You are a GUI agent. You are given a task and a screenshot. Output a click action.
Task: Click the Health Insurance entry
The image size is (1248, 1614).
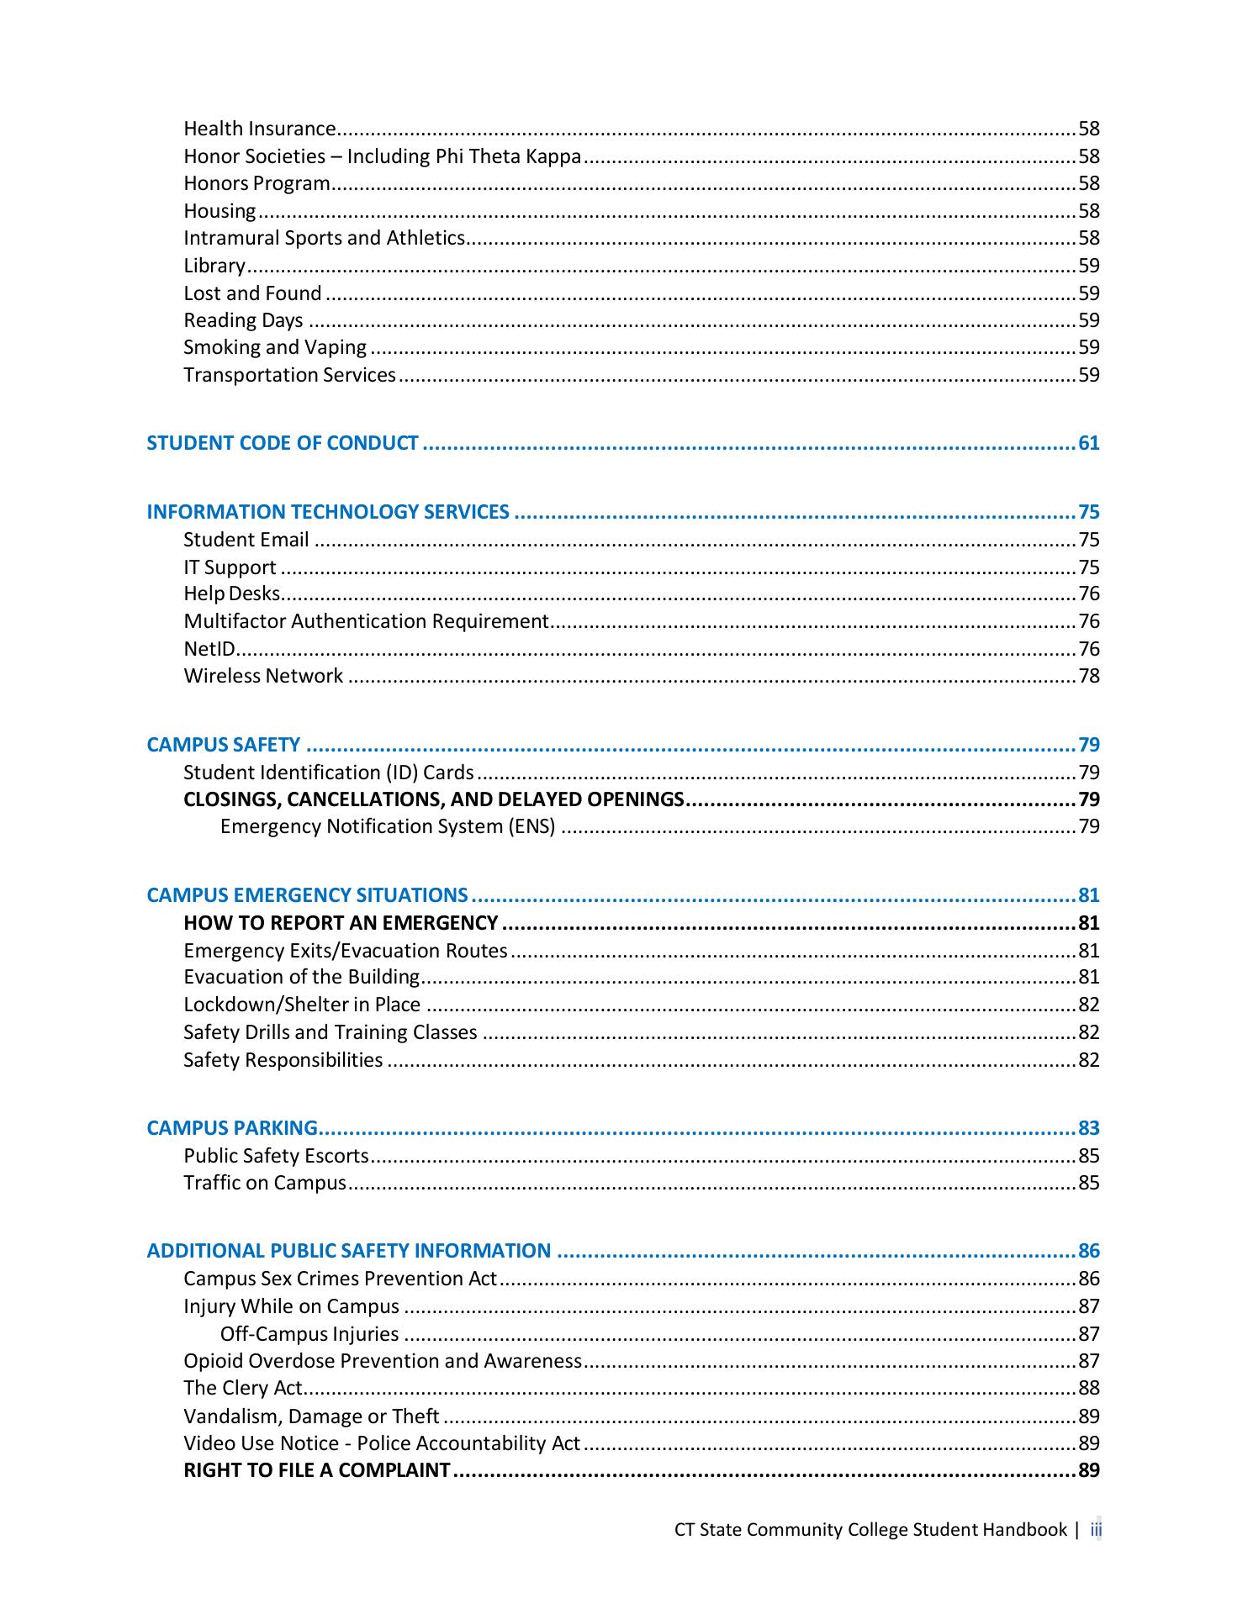tap(260, 129)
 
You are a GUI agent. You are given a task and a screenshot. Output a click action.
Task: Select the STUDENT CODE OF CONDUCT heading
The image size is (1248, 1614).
tap(283, 443)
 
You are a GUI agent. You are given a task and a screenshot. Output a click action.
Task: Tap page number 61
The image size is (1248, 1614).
tap(1089, 443)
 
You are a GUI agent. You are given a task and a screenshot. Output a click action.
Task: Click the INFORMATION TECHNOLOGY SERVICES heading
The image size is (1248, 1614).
tap(328, 512)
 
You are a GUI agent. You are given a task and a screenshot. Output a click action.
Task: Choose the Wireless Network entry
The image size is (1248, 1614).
tap(263, 676)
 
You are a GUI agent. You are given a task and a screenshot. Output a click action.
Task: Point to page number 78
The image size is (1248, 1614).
tap(1089, 676)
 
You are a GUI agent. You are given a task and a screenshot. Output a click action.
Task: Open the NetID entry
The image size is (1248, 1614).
tap(209, 649)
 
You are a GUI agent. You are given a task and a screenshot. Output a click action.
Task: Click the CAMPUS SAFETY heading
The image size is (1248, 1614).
tap(224, 745)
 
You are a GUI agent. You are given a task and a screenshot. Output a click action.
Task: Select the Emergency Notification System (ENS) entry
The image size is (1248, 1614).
tap(388, 826)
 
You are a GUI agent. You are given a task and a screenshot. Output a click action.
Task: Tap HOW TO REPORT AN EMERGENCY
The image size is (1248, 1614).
tap(341, 923)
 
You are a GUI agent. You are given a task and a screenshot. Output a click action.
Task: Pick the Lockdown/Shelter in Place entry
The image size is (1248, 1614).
tap(302, 1005)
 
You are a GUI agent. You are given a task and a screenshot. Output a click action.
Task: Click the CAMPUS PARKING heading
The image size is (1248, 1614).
tap(232, 1128)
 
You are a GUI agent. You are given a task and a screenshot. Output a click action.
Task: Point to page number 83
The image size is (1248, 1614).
tap(1089, 1128)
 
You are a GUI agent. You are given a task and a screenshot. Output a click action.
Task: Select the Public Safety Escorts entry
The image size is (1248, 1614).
tap(276, 1156)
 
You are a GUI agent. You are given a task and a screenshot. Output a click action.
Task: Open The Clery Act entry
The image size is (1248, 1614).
tap(242, 1388)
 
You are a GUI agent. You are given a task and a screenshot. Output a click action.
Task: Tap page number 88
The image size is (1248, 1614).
tap(1089, 1388)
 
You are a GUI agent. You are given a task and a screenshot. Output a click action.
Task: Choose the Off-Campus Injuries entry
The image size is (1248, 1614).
tap(309, 1334)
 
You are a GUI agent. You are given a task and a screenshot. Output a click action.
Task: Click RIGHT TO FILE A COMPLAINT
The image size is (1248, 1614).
tap(317, 1470)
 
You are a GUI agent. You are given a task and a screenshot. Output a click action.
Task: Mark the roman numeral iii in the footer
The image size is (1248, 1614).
tap(1096, 1529)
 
